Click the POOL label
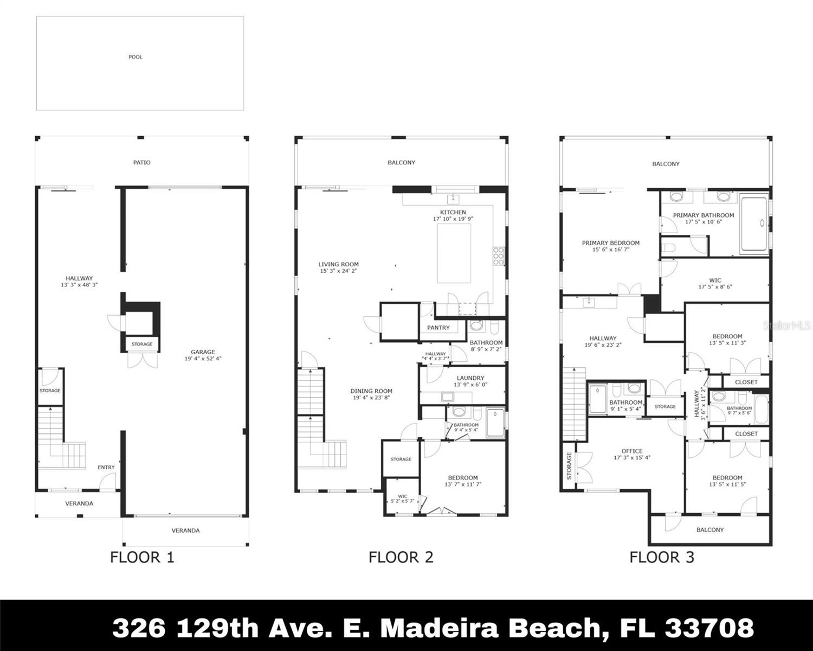coord(135,57)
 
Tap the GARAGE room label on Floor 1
coord(203,352)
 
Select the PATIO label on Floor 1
coord(142,162)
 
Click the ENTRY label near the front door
coord(106,467)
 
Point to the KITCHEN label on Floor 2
coord(453,212)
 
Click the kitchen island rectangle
coord(454,253)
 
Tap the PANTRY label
coord(438,328)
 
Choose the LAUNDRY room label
coord(470,378)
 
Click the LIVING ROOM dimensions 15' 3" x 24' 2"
coord(338,271)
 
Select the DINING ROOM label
coord(371,391)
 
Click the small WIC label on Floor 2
coord(402,496)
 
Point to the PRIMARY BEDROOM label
coord(611,243)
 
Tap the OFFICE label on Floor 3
coord(632,451)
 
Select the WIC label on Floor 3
coord(715,280)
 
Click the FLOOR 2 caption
coord(401,557)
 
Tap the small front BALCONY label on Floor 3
coord(709,529)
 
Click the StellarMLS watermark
coord(787,325)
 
